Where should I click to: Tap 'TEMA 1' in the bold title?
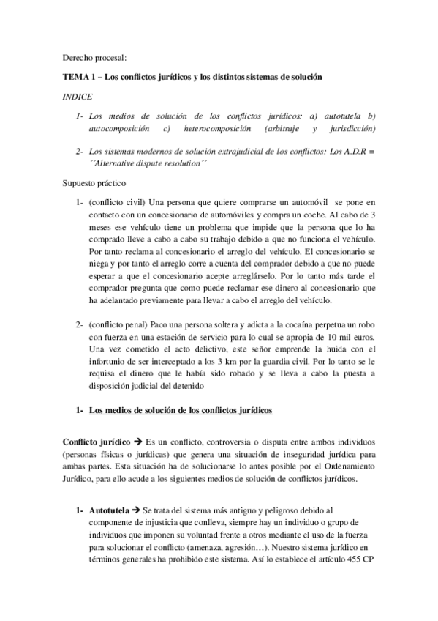pyautogui.click(x=78, y=77)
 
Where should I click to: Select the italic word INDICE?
pyautogui.click(x=77, y=96)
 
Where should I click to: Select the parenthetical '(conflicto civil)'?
pyautogui.click(x=116, y=201)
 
